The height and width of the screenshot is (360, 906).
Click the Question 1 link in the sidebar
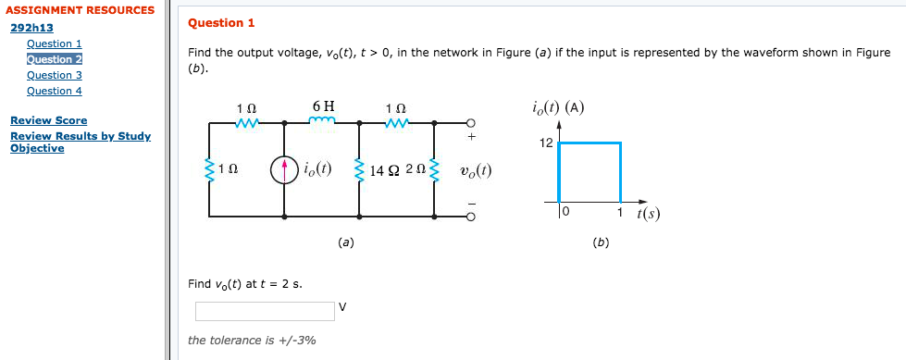pos(55,43)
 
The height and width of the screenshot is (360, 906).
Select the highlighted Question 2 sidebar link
pos(55,59)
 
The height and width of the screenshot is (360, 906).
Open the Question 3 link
pos(55,75)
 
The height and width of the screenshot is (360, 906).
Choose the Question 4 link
pos(55,91)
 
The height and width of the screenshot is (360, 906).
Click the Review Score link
pos(48,120)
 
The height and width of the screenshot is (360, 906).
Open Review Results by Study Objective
pos(80,142)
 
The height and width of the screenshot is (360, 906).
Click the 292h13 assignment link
pos(31,28)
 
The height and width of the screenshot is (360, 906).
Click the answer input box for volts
pos(264,311)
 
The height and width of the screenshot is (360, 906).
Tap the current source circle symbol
pos(284,169)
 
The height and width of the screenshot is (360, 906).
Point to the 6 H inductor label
pos(323,106)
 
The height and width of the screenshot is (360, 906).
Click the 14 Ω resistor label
pos(384,170)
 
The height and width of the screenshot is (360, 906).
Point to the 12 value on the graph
pos(545,143)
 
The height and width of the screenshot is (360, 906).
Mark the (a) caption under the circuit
pos(344,242)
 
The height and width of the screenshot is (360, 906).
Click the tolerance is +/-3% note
pos(251,341)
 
